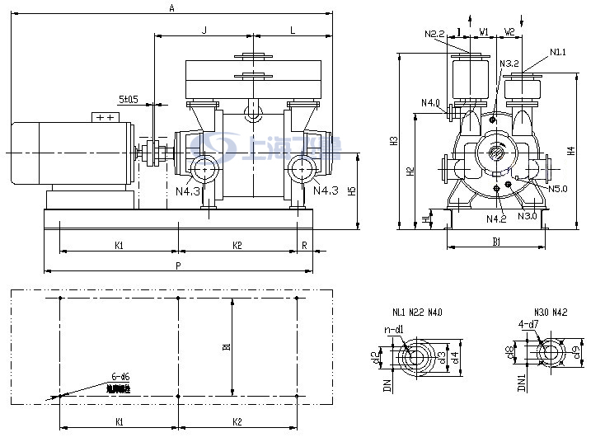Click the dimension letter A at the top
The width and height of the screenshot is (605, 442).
pyautogui.click(x=171, y=7)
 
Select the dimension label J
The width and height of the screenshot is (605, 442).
pyautogui.click(x=204, y=30)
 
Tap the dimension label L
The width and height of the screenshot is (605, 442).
pyautogui.click(x=293, y=30)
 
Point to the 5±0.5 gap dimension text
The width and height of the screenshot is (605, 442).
pyautogui.click(x=128, y=99)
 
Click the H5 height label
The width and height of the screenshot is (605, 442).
pyautogui.click(x=352, y=191)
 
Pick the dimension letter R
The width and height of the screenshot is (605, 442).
pyautogui.click(x=304, y=245)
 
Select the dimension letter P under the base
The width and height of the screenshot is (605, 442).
pyautogui.click(x=177, y=265)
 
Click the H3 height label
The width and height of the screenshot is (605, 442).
pyautogui.click(x=394, y=141)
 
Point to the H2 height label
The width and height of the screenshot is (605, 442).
pyautogui.click(x=410, y=172)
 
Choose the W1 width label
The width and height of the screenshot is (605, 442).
pyautogui.click(x=485, y=32)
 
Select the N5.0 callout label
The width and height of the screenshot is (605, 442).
pyautogui.click(x=558, y=189)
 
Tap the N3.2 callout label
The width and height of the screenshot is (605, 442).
pyautogui.click(x=509, y=63)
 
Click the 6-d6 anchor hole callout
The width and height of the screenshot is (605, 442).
pyautogui.click(x=120, y=377)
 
